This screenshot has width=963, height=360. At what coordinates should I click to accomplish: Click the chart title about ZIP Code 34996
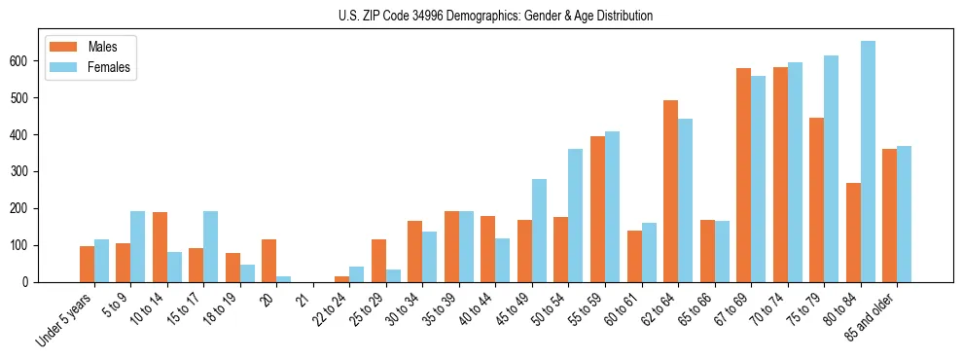point(481,16)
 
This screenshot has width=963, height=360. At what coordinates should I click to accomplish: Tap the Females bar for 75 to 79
point(831,169)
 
